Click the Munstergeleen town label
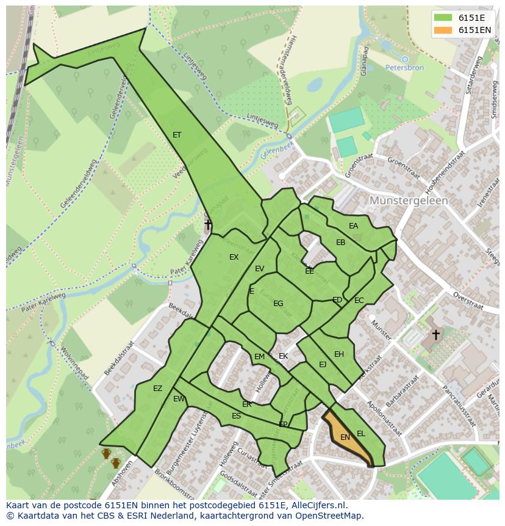(x=409, y=200)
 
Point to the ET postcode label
(x=177, y=135)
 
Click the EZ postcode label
(x=158, y=389)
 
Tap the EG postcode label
(x=278, y=304)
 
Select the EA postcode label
(x=354, y=226)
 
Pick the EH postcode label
(x=339, y=354)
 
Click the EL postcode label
(x=361, y=434)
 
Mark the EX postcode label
(x=234, y=257)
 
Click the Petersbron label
(x=404, y=68)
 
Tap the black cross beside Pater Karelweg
(x=208, y=225)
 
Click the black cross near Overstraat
(x=435, y=334)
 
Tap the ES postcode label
(x=236, y=416)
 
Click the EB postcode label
(x=341, y=243)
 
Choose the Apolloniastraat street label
(x=384, y=418)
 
